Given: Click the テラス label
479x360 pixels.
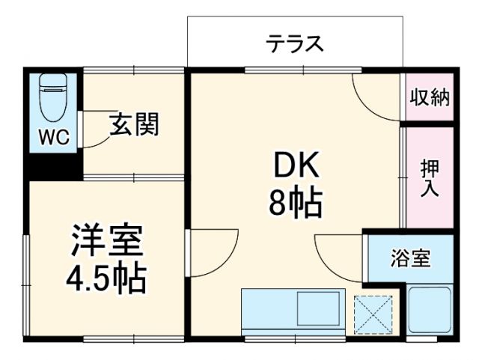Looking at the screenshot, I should (x=295, y=44).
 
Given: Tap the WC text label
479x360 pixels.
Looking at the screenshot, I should (x=53, y=137).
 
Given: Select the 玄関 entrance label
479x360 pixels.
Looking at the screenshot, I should (x=135, y=124).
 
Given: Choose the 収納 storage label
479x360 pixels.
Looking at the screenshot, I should (x=429, y=97).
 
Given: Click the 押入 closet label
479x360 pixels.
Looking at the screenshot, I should (x=429, y=178).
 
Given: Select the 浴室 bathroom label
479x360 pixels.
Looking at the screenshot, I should (x=409, y=259).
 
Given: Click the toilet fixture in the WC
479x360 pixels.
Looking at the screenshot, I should (x=52, y=97).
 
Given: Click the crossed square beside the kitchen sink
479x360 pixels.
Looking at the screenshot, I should (x=372, y=314).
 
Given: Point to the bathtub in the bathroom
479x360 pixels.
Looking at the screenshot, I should (x=430, y=311).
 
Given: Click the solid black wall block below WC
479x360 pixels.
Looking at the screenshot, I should (x=53, y=165).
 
